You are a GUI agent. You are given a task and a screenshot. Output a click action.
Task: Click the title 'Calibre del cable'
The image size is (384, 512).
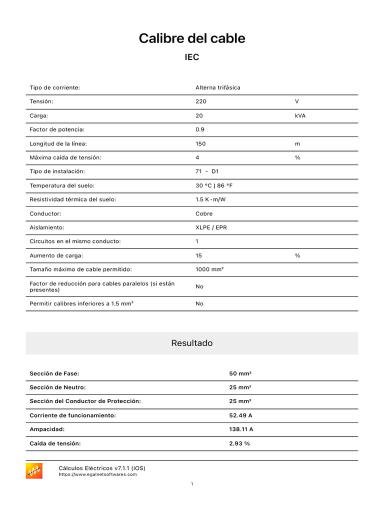coord(192,38)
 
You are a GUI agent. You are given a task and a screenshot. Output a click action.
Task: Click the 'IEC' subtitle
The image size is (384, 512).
coord(192,57)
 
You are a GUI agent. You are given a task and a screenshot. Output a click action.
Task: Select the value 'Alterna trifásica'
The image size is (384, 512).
coord(217,87)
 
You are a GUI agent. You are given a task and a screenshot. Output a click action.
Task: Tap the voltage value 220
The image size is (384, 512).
coord(200,101)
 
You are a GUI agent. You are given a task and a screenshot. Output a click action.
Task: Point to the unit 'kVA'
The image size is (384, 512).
coord(300,115)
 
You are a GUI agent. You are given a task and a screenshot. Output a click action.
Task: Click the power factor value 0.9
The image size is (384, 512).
coord(199,129)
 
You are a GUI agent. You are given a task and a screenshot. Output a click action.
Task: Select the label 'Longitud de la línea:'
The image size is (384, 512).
coord(58,143)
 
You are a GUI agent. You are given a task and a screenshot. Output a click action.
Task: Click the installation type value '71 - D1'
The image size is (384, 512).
coord(207,171)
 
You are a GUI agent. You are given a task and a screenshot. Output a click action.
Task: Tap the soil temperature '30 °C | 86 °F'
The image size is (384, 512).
coord(214,185)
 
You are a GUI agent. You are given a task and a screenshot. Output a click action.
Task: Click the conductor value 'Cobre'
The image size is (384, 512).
coord(204,213)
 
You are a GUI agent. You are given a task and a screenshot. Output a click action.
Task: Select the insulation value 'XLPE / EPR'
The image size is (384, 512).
coord(211,227)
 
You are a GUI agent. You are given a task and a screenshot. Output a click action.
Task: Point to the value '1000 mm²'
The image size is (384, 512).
coord(209,269)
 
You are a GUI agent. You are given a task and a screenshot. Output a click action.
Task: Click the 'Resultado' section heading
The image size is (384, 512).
coord(192,343)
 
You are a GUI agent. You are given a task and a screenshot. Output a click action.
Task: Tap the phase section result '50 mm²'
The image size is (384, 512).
coord(240,373)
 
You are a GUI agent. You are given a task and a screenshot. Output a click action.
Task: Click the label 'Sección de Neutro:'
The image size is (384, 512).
coord(57,387)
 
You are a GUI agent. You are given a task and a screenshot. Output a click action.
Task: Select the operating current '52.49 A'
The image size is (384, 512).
coord(240,415)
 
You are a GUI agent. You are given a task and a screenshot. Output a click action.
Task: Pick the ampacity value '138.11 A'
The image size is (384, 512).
coord(241,429)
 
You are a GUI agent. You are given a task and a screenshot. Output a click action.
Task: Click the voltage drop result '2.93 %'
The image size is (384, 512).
coord(239,443)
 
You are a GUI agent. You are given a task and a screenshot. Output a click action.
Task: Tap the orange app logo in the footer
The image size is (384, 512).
coord(34,470)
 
